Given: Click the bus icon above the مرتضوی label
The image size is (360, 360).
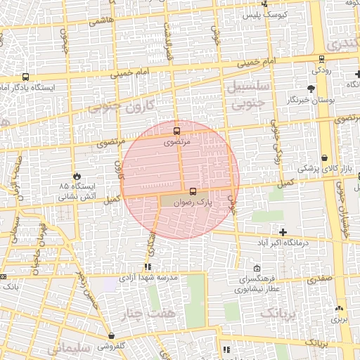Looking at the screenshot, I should pos(176,131).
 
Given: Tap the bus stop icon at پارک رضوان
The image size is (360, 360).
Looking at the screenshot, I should pos(193,191).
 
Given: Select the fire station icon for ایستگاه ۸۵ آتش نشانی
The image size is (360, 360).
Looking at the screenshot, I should pos(76,176).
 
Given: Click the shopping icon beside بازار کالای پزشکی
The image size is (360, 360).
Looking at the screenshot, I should pos(324,158).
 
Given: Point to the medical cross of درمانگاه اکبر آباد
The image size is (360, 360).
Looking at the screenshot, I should pos(283,232).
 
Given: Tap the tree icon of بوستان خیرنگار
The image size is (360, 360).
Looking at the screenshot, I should pos(311,89).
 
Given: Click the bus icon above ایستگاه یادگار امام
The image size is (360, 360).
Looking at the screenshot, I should pos(26,77).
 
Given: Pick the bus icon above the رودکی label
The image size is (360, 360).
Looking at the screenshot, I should pos(321,59).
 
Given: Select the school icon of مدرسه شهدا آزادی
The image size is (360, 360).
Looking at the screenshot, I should pos(148,266).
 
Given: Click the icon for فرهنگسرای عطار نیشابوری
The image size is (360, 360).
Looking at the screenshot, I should pos(257,268).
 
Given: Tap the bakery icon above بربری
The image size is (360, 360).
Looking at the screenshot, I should pos(340,308).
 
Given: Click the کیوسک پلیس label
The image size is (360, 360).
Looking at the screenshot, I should pos(261,14).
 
